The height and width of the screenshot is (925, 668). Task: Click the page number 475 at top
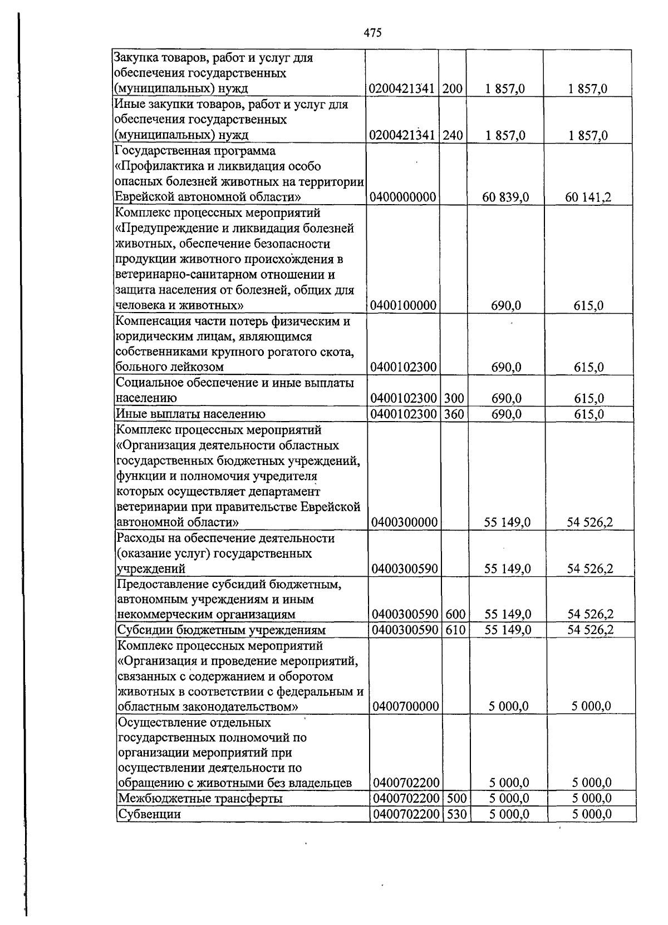click(372, 33)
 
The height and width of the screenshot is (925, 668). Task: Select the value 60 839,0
click(505, 197)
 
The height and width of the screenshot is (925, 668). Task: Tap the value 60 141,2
click(588, 197)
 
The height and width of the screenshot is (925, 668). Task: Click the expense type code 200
click(453, 88)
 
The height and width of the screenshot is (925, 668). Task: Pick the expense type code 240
click(453, 135)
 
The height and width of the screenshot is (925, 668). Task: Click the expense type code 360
click(454, 414)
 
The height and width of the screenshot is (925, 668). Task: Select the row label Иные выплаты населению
click(190, 414)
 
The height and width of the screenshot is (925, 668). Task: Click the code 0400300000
click(405, 522)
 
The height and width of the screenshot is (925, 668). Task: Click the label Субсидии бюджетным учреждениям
click(222, 630)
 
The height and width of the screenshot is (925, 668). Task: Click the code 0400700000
click(406, 706)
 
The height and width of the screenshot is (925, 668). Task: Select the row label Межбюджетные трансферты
click(201, 799)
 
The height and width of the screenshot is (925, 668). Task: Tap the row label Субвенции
click(150, 814)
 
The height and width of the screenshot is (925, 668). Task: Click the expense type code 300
click(454, 398)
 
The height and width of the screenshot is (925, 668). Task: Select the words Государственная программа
click(195, 151)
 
